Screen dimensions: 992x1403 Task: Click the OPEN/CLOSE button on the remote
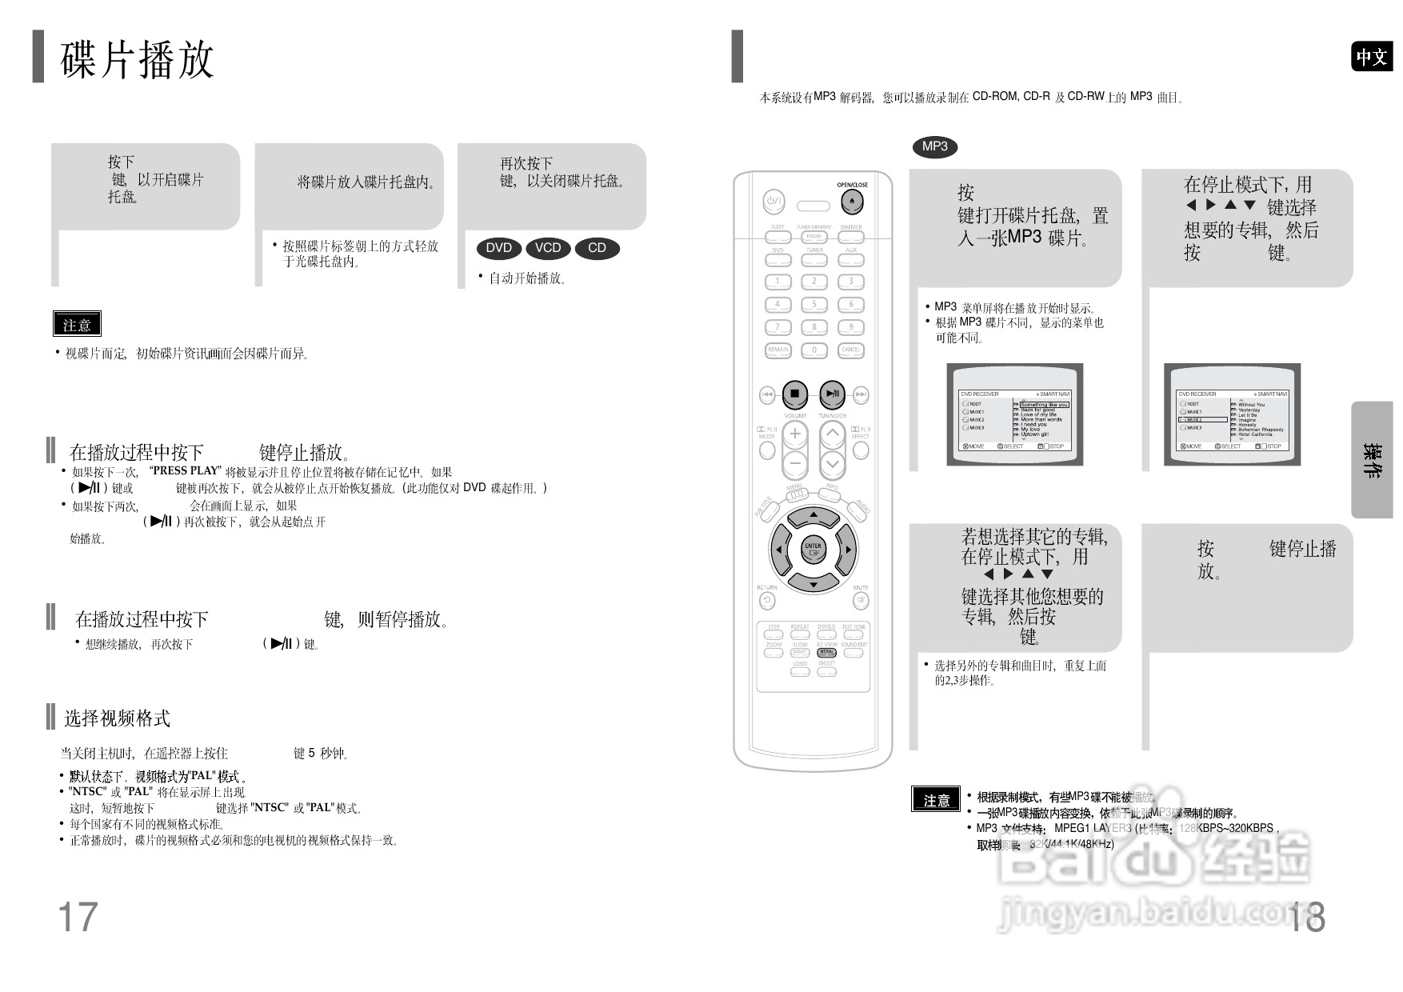852,202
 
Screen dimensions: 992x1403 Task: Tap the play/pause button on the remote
832,394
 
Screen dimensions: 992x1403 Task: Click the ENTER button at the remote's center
813,550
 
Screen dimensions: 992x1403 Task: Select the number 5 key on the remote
814,305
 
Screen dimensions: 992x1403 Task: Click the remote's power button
773,202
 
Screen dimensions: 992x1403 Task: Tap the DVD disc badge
498,248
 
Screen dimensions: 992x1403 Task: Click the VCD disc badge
548,248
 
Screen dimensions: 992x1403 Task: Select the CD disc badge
597,248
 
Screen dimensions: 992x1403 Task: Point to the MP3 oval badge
934,146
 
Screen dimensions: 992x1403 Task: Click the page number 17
78,917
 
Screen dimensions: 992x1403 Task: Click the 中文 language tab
1371,57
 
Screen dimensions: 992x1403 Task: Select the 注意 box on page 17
77,325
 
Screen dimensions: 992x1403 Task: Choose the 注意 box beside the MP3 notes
936,800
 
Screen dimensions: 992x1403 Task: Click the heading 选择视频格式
117,718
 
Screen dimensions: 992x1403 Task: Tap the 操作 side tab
1373,460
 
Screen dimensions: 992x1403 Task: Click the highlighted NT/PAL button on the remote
826,653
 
